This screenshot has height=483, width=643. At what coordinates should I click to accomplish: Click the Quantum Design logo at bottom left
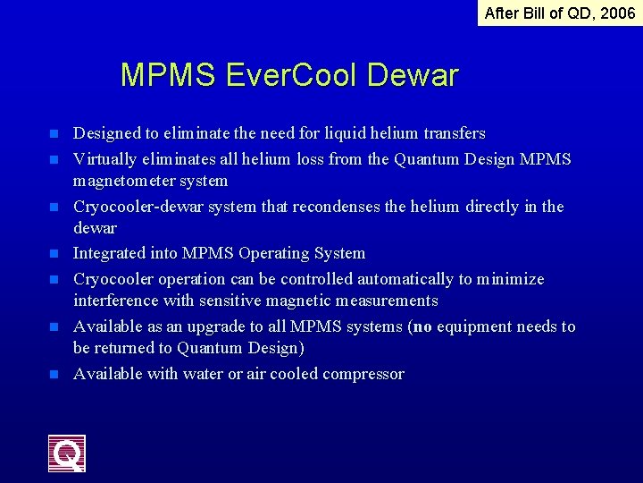coord(67,453)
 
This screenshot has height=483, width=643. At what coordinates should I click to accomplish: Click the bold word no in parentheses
coord(423,326)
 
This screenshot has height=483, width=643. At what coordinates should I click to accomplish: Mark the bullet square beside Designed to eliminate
coord(54,134)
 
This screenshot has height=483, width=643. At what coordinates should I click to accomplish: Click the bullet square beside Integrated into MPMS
coord(54,254)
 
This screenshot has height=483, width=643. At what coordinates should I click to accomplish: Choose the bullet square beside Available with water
coord(54,375)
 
